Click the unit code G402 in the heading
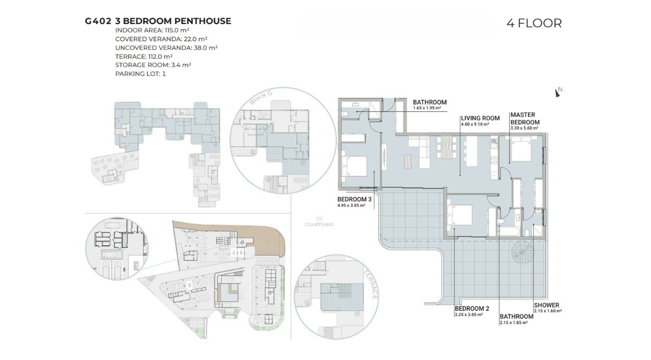tap(98, 21)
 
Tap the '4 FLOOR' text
tap(534, 23)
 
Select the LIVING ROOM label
tap(480, 118)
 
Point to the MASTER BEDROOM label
tap(525, 118)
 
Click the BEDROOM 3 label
tap(354, 199)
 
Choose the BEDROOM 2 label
tap(472, 309)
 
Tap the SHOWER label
tap(547, 305)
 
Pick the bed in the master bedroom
tap(521, 149)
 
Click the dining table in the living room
tap(447, 147)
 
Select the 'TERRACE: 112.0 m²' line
tap(144, 56)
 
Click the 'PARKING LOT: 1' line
tap(140, 74)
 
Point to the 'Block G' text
tap(261, 97)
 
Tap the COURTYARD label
tap(319, 224)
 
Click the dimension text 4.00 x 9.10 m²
tap(475, 124)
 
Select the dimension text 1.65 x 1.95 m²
tap(427, 108)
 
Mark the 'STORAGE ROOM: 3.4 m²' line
tap(153, 65)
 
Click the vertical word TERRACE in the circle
tap(371, 285)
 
